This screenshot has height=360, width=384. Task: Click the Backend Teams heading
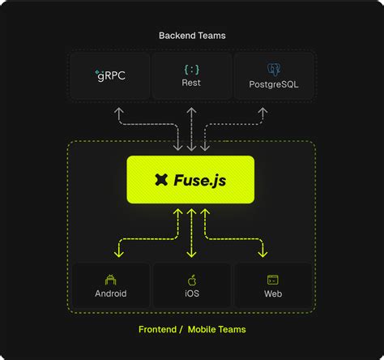click(x=192, y=36)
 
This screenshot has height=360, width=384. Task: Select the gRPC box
click(x=110, y=76)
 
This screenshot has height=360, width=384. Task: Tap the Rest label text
click(x=191, y=83)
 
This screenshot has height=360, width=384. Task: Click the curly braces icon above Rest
click(x=191, y=69)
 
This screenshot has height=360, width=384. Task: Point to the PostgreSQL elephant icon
click(x=273, y=69)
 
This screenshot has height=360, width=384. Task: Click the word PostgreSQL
click(x=273, y=83)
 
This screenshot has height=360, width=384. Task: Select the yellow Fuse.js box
click(x=191, y=179)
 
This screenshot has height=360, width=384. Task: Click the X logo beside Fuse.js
click(x=161, y=180)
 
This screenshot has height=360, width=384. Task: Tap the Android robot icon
click(x=111, y=279)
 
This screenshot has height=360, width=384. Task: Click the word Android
click(x=111, y=294)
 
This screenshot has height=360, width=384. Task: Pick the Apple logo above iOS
click(x=191, y=279)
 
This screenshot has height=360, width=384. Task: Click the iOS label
click(x=191, y=294)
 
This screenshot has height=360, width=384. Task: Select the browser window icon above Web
click(x=273, y=279)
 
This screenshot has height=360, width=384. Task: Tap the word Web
click(x=273, y=294)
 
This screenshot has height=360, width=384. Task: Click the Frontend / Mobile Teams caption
click(x=192, y=329)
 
